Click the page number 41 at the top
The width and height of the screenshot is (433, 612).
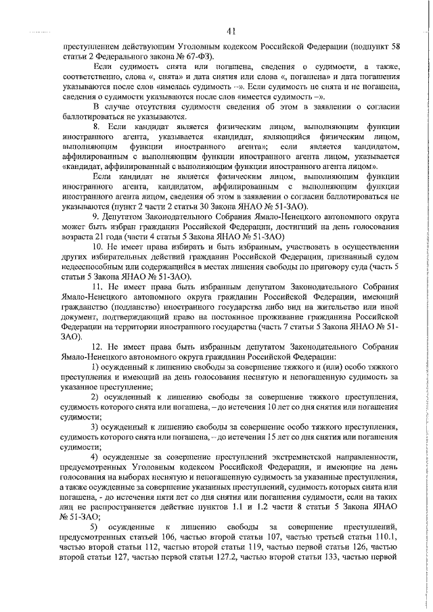tap(231, 29)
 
